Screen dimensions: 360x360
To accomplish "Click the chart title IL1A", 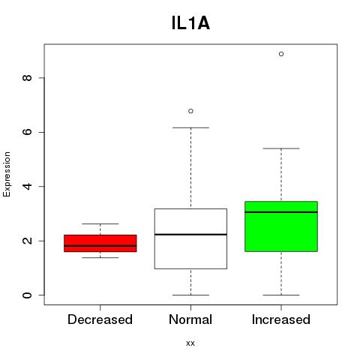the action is pyautogui.click(x=190, y=23).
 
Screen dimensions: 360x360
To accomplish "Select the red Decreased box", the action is pyautogui.click(x=100, y=243).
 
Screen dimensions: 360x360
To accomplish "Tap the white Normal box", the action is pyautogui.click(x=190, y=238).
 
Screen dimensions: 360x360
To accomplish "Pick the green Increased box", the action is pyautogui.click(x=281, y=226).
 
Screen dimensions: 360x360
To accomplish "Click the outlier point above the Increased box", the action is pyautogui.click(x=281, y=54).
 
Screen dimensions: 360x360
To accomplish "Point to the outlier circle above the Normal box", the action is pyautogui.click(x=190, y=111).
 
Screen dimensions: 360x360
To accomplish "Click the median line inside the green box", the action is pyautogui.click(x=281, y=212).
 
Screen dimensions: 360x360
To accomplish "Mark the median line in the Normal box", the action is pyautogui.click(x=190, y=235).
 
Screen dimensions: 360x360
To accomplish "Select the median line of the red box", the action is pyautogui.click(x=100, y=246).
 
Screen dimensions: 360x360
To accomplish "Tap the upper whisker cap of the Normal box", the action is pyautogui.click(x=190, y=127).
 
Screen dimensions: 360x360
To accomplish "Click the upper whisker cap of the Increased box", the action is pyautogui.click(x=281, y=148).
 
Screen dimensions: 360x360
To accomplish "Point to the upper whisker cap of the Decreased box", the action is pyautogui.click(x=100, y=223).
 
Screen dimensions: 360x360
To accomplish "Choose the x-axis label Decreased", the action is pyautogui.click(x=100, y=319).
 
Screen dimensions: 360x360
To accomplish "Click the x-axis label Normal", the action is pyautogui.click(x=190, y=319).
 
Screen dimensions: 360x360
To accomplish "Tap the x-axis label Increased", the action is pyautogui.click(x=281, y=319).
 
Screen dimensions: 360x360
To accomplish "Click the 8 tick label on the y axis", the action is pyautogui.click(x=27, y=78).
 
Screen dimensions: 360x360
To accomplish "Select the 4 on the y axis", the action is pyautogui.click(x=27, y=187).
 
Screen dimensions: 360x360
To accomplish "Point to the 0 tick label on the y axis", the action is pyautogui.click(x=27, y=295).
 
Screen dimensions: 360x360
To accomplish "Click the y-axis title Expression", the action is pyautogui.click(x=7, y=174).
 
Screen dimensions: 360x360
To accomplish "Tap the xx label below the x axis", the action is pyautogui.click(x=190, y=343).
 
